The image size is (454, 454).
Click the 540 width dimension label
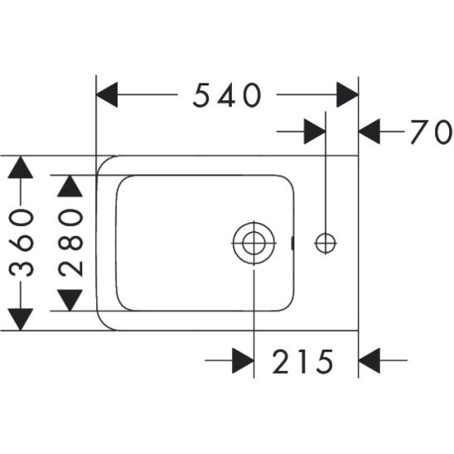coord(227,95)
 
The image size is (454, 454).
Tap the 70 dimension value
coord(432,132)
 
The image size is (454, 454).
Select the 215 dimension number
coord(302,361)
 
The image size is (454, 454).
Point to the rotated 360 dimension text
coord(22,243)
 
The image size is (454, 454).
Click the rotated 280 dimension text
coord(70,243)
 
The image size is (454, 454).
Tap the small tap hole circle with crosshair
coord(326,244)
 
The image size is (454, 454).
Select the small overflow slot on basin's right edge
coord(292,243)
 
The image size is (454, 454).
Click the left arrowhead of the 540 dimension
coord(107,94)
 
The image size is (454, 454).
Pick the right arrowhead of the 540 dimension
coord(347,94)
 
